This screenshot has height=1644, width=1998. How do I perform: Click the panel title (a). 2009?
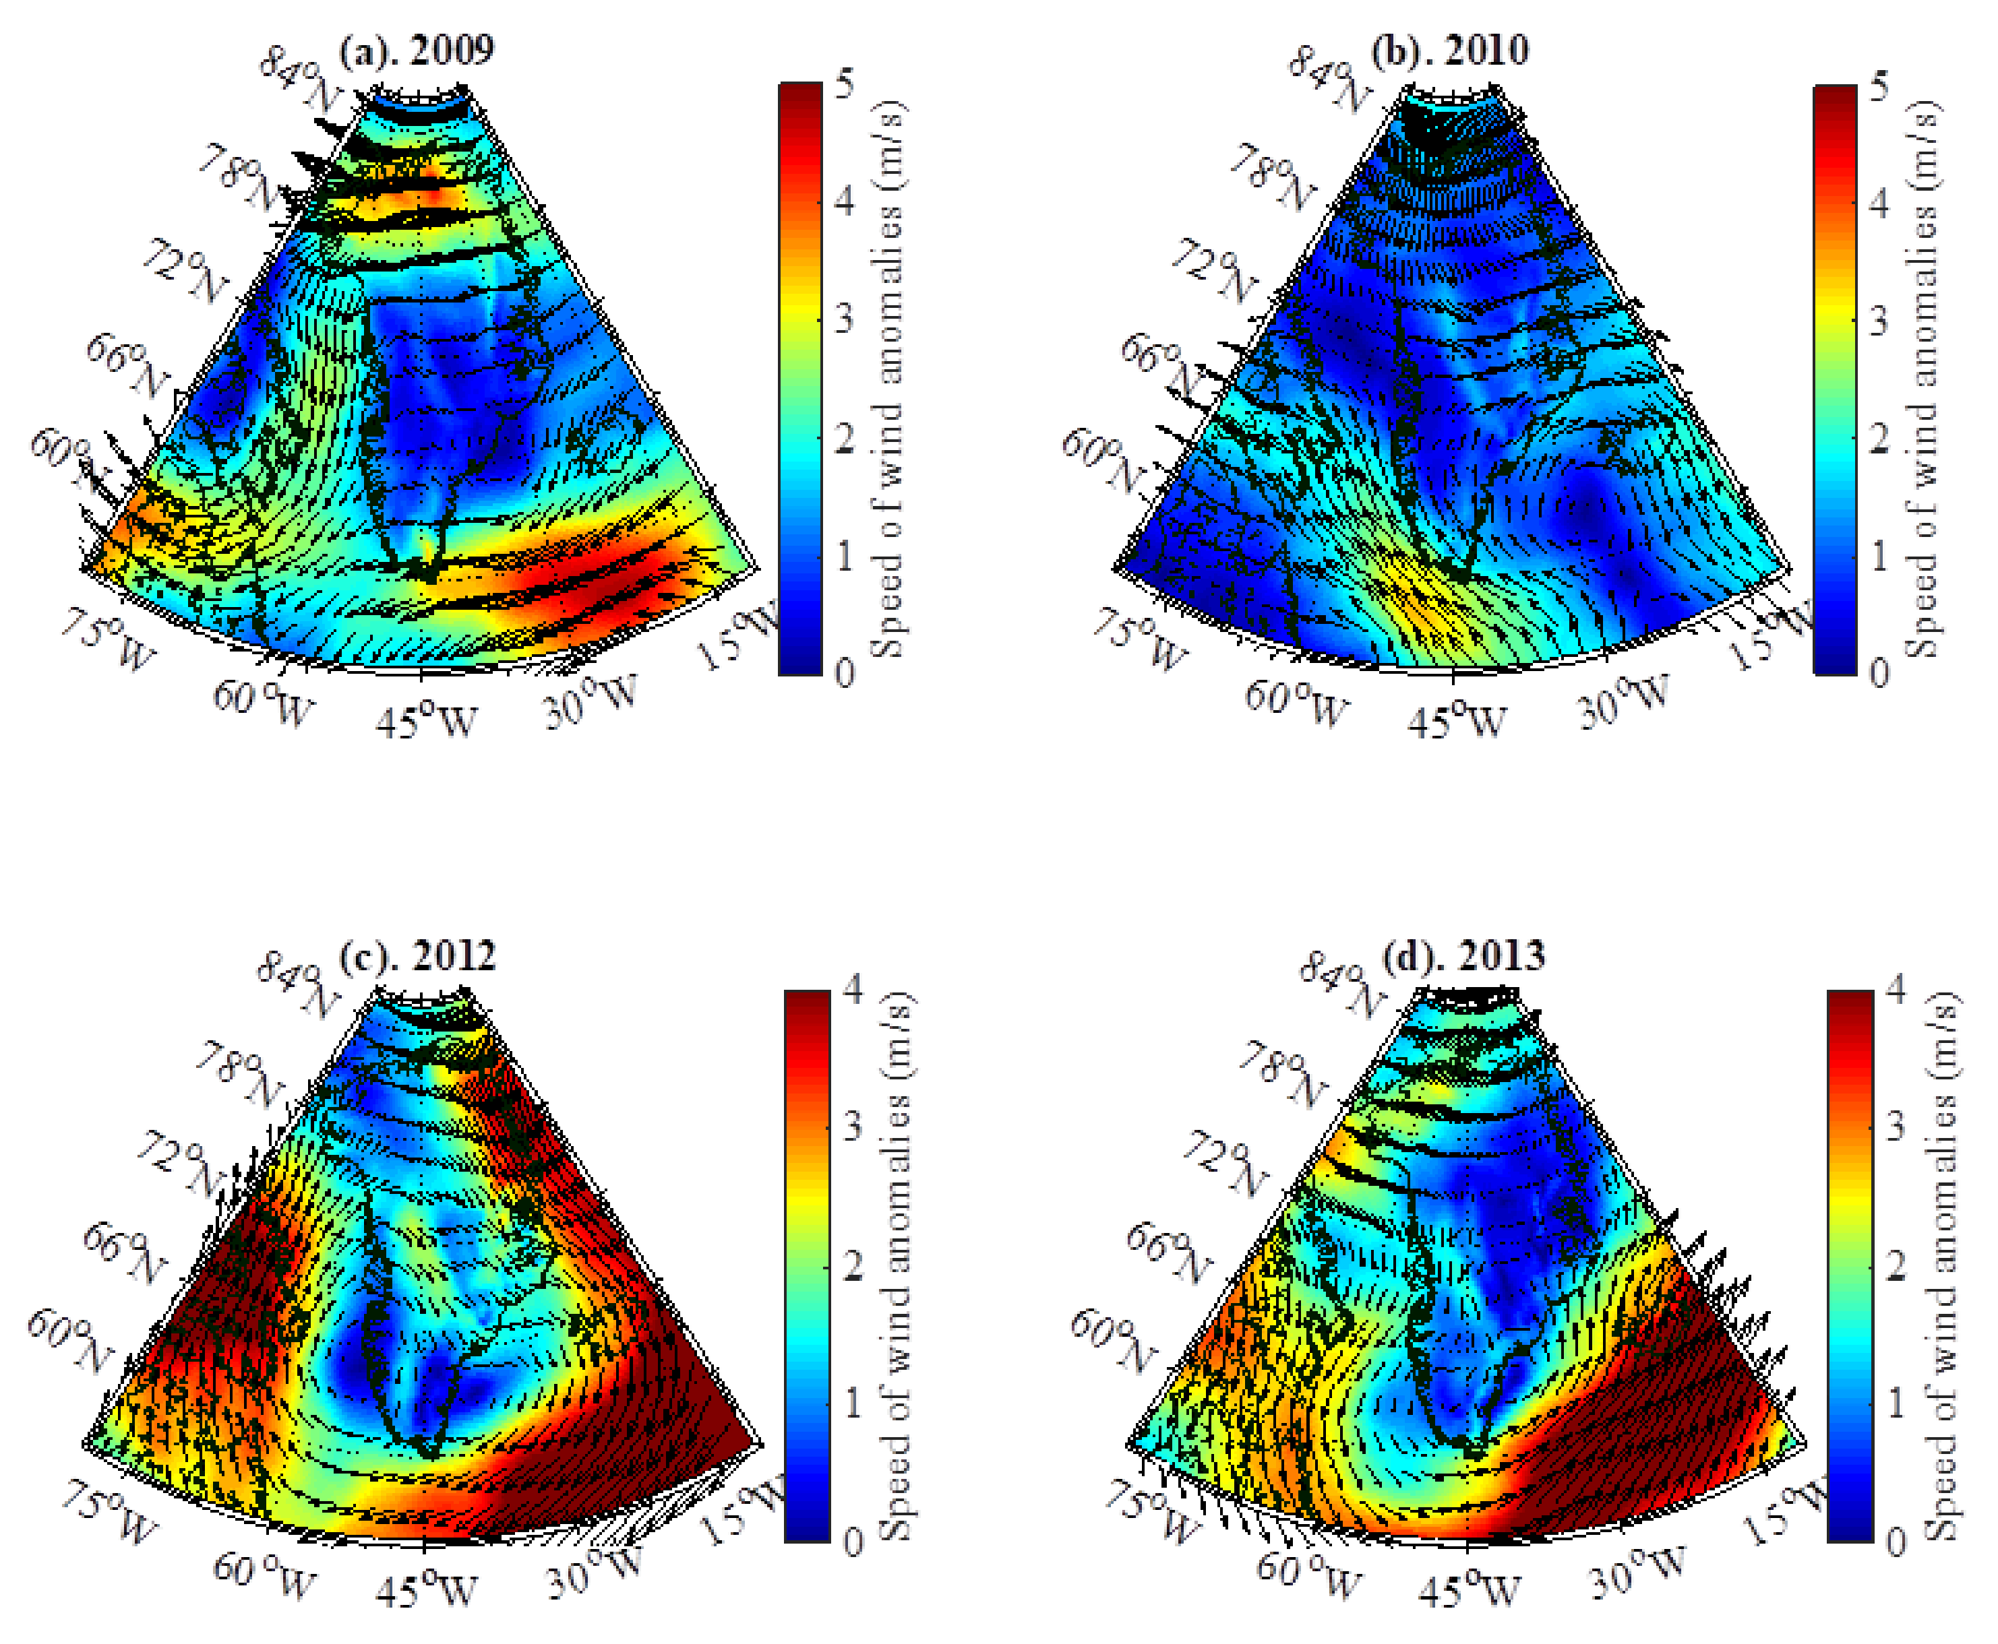click(x=416, y=49)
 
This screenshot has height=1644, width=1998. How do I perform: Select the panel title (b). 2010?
click(x=1449, y=49)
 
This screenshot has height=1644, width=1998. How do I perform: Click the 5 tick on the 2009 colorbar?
click(x=844, y=84)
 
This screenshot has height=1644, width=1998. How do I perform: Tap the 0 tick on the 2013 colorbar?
click(x=1895, y=1542)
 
